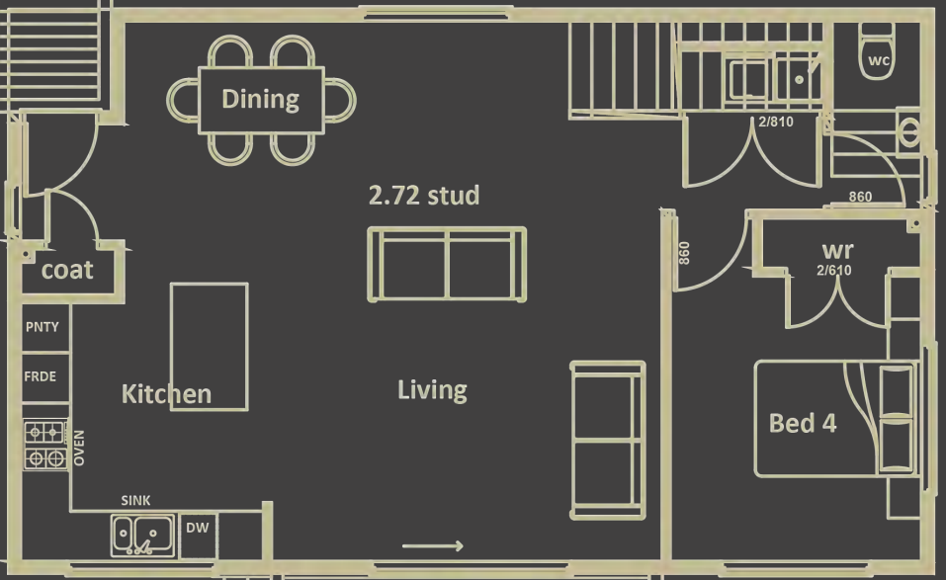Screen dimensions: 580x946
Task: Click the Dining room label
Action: (x=260, y=99)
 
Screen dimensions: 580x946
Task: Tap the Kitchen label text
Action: (x=166, y=394)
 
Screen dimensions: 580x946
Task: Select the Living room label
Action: (x=432, y=390)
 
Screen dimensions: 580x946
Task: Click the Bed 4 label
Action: (x=803, y=424)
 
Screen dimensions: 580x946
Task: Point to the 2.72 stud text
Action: (x=423, y=196)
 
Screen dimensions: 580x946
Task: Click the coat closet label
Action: (x=67, y=270)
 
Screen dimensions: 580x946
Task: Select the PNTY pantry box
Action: (x=43, y=328)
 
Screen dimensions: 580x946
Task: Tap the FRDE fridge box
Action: (x=41, y=376)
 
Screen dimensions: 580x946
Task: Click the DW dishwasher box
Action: (x=198, y=529)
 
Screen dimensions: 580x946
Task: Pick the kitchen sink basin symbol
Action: (x=142, y=535)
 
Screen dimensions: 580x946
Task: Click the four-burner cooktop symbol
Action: (x=45, y=445)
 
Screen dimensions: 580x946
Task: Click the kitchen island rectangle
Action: (x=209, y=346)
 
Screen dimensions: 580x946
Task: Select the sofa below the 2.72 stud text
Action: (x=447, y=264)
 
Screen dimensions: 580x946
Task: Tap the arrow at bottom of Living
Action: (x=433, y=546)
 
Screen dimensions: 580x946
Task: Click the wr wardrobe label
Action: (x=837, y=251)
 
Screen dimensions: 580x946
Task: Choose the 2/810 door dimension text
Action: (x=776, y=124)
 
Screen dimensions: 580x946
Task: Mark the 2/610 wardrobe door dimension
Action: (x=833, y=270)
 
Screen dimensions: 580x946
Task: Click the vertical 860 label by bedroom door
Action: (x=684, y=253)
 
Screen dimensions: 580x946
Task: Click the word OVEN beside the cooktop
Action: (x=79, y=448)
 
